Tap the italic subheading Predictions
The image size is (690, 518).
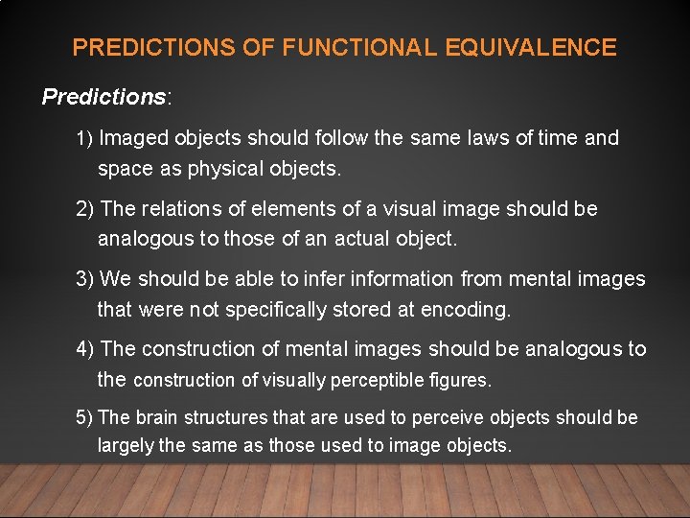click(x=103, y=97)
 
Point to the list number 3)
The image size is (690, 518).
click(x=85, y=279)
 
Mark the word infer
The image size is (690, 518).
click(x=332, y=279)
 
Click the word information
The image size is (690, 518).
click(x=406, y=279)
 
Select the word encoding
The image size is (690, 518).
click(x=471, y=310)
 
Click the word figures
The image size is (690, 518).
click(x=462, y=381)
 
